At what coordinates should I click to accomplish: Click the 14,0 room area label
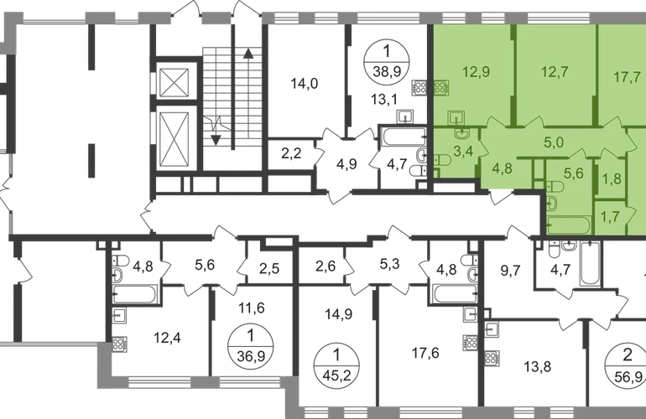pyautogui.click(x=304, y=84)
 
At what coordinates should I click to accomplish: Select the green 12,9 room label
pyautogui.click(x=476, y=72)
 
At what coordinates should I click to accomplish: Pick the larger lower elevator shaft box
pyautogui.click(x=174, y=138)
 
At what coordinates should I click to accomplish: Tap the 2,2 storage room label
pyautogui.click(x=291, y=153)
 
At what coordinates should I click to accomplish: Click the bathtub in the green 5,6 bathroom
pyautogui.click(x=569, y=225)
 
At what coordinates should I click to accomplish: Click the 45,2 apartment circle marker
pyautogui.click(x=336, y=364)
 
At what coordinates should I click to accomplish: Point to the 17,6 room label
pyautogui.click(x=425, y=353)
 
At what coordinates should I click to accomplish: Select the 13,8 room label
pyautogui.click(x=537, y=366)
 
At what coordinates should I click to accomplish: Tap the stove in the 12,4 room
pyautogui.click(x=119, y=344)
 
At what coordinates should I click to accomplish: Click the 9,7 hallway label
pyautogui.click(x=510, y=271)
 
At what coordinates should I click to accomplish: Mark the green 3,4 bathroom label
pyautogui.click(x=463, y=152)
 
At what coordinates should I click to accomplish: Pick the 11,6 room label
pyautogui.click(x=252, y=308)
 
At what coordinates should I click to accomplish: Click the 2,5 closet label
pyautogui.click(x=269, y=269)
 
